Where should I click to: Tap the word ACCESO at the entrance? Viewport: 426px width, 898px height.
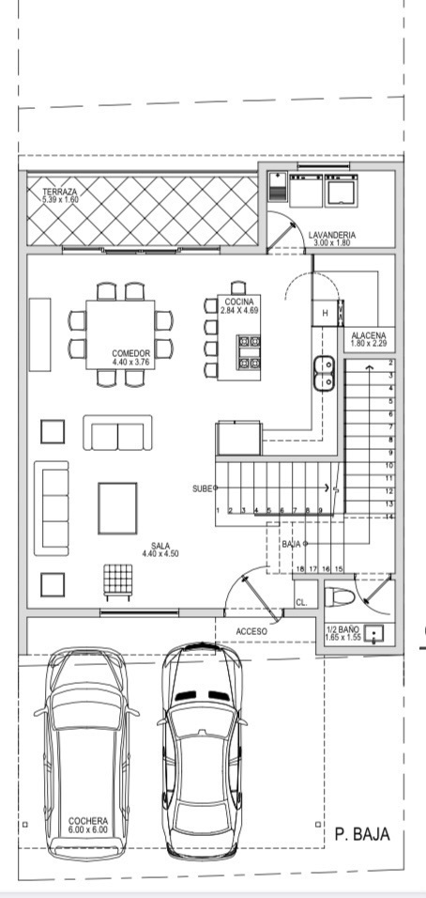tap(251, 631)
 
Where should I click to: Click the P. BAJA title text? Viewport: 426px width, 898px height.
tap(362, 834)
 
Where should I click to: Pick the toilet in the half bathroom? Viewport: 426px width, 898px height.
tap(340, 596)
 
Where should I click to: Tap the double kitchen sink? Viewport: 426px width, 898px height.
tap(324, 374)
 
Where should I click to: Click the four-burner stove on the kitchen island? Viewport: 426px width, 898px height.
tap(249, 352)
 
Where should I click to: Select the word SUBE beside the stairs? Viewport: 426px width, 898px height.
tap(203, 488)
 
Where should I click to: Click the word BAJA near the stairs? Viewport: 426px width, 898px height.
tap(291, 544)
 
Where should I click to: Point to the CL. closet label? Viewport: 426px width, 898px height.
tap(301, 603)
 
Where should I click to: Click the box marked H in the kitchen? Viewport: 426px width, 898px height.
tap(326, 313)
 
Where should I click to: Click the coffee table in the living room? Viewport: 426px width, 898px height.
tap(117, 508)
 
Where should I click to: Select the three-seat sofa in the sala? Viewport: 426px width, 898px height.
tap(51, 508)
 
